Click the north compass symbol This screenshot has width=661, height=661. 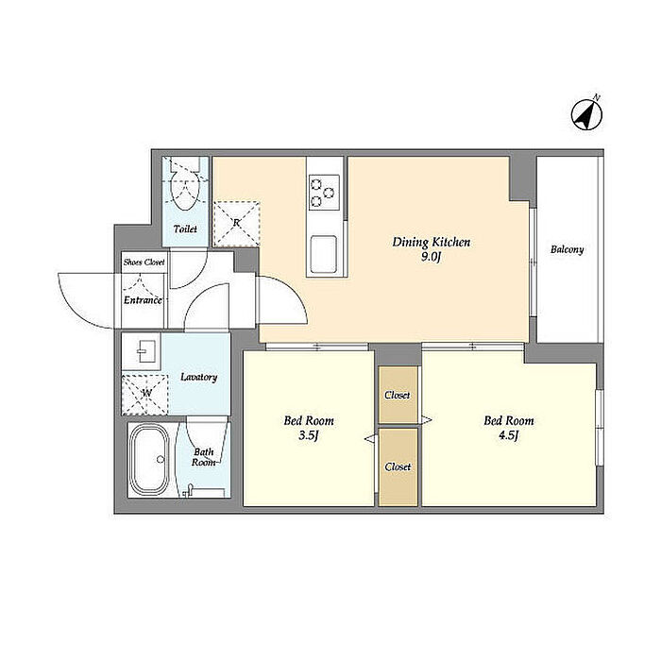pos(586,113)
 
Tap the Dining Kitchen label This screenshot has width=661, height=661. pos(431,242)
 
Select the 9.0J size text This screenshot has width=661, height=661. pos(431,257)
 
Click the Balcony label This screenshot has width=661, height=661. pos(567,249)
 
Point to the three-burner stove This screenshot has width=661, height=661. pos(324,193)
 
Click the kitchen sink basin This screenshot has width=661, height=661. pos(324,254)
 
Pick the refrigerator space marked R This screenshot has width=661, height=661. pos(236,224)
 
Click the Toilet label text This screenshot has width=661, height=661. pos(185,229)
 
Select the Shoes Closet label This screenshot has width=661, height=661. pos(144,263)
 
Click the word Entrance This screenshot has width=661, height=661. pos(143,300)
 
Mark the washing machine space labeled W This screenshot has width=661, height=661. pos(144,394)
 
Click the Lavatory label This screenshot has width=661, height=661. pos(198,377)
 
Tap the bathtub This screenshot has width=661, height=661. pos(149,459)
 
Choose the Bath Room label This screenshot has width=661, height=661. pos(204,457)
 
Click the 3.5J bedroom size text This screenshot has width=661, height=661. pos(308,435)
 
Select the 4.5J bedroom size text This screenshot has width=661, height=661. pos(508,435)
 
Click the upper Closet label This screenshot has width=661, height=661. pos(398,395)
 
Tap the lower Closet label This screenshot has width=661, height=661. pos(398,466)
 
